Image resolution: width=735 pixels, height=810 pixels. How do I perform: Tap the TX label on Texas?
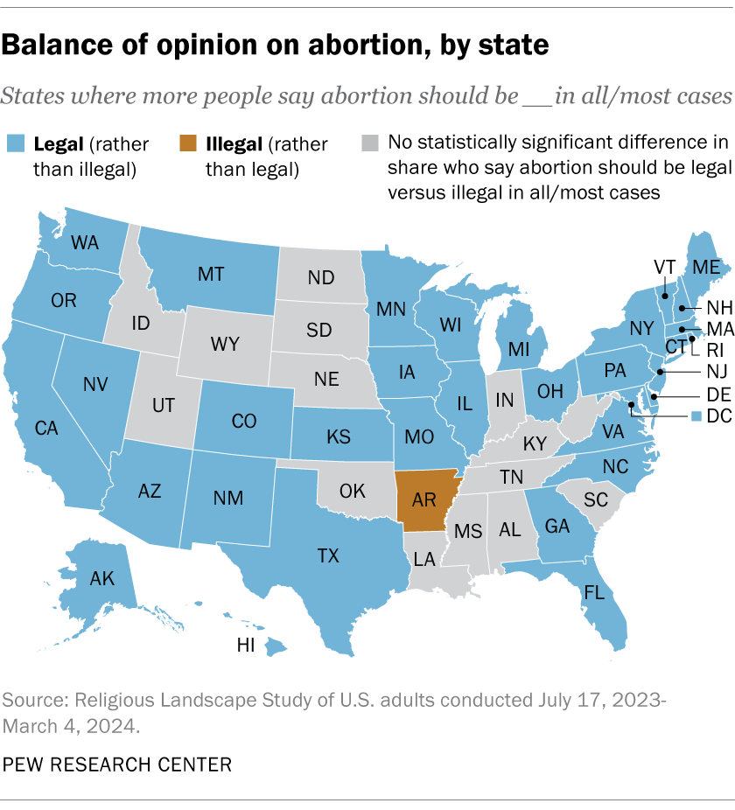point(328,555)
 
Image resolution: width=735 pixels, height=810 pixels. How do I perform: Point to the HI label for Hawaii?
point(246,645)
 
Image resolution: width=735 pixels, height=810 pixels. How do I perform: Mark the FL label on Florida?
point(594,593)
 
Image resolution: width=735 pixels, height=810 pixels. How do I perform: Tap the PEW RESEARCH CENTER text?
point(118,765)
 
